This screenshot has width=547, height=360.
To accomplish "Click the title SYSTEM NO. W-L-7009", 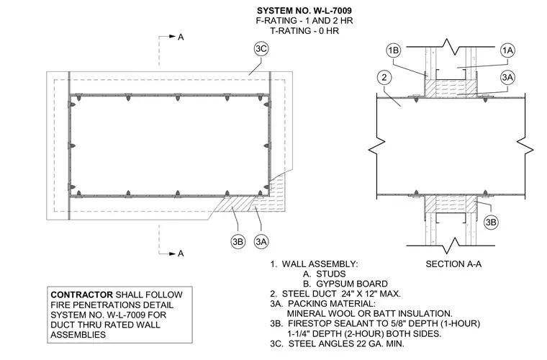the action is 304,11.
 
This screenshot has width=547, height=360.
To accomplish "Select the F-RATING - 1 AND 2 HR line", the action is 304,21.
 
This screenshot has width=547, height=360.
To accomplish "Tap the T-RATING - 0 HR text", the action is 304,31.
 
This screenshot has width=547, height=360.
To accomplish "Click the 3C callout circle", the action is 261,49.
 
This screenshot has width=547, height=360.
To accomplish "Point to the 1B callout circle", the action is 394,50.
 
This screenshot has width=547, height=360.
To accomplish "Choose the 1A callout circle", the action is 507,50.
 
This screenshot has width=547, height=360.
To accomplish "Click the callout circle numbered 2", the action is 384,77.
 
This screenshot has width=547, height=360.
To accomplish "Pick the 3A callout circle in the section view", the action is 507,77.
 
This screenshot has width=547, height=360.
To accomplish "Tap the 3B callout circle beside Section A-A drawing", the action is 491,222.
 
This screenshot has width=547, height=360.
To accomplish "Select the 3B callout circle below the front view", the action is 238,241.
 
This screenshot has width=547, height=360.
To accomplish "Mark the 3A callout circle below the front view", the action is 261,241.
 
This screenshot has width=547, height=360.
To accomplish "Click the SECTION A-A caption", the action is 453,264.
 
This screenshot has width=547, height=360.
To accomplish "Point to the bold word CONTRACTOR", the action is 81,294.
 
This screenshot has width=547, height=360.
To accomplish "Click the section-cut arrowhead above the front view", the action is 172,36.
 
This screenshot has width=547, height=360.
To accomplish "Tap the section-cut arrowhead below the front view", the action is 172,253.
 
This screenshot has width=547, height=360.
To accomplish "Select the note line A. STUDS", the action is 324,274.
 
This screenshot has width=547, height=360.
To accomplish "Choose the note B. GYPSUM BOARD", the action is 345,284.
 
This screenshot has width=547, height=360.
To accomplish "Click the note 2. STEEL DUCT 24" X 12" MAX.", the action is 335,294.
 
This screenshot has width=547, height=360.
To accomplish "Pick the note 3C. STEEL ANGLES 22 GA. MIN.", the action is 337,344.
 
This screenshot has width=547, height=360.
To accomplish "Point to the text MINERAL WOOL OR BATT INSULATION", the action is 369,314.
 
